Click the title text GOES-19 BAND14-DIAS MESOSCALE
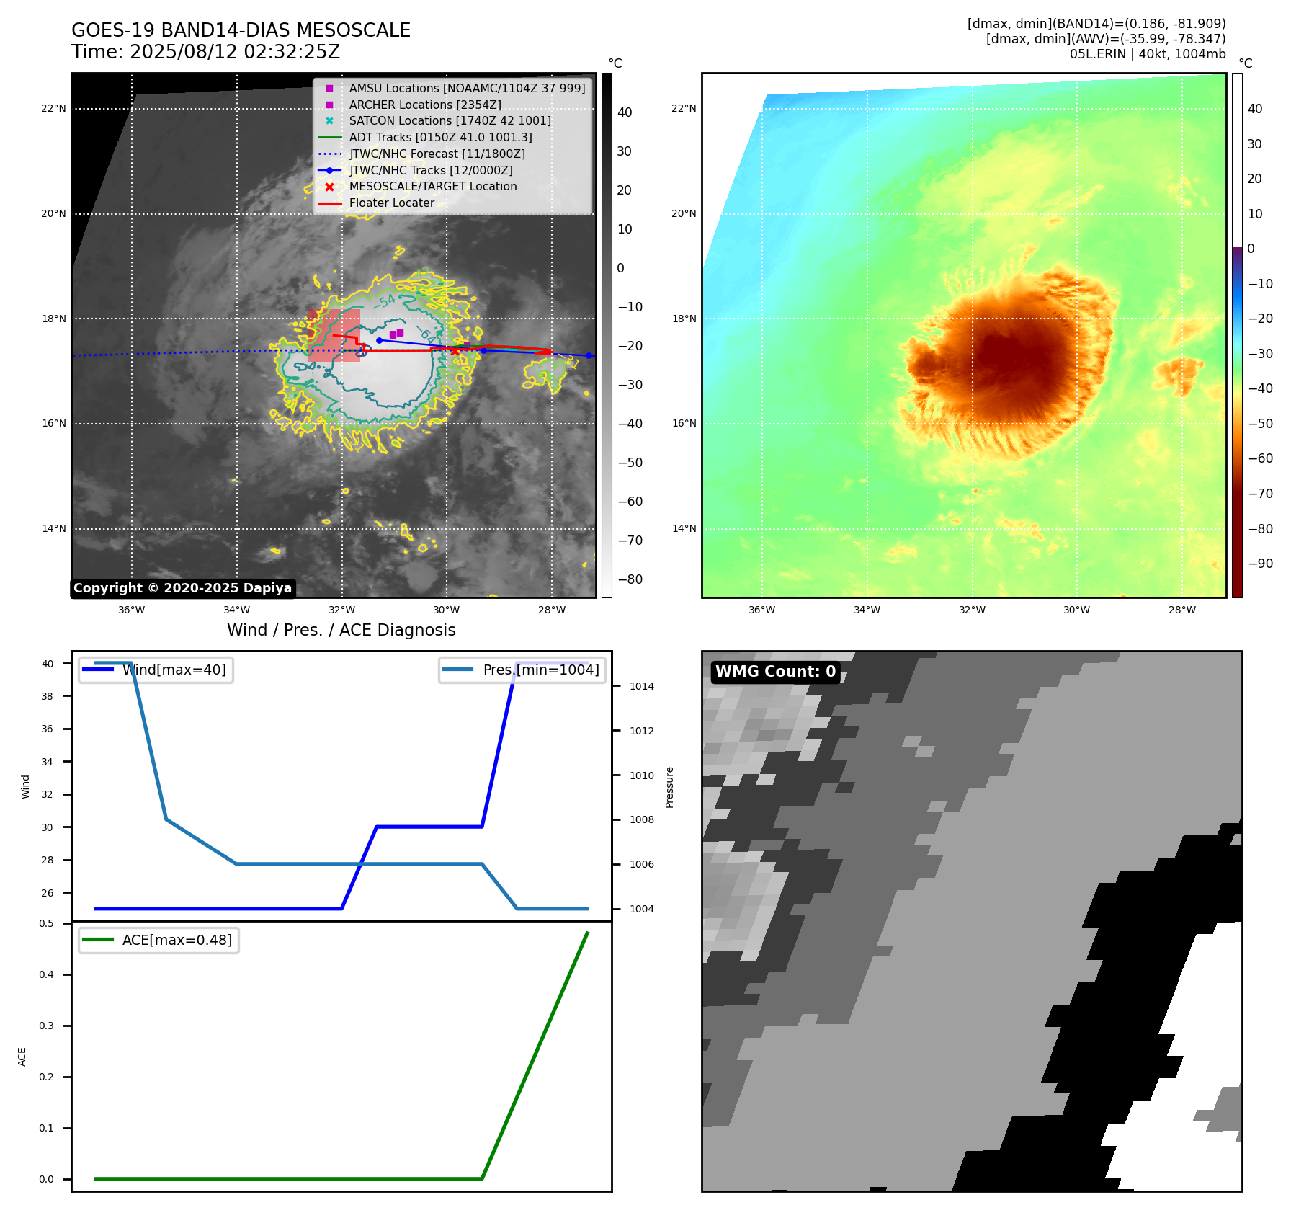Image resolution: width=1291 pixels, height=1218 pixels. pos(241,30)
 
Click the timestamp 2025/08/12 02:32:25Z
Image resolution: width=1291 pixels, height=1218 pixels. pos(234,52)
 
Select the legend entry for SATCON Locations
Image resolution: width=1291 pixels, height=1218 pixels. pos(450,121)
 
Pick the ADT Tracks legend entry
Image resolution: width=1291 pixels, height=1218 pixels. pos(440,137)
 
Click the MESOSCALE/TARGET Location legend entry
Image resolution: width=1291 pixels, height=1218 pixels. pos(432,187)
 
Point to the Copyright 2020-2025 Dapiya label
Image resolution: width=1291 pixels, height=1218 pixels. pos(182,588)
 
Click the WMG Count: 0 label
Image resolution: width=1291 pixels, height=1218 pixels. pos(775,672)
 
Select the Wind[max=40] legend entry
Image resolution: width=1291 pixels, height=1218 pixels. pos(174,670)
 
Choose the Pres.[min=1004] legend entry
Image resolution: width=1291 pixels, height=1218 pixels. pos(540,670)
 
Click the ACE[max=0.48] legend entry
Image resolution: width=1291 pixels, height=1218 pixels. pos(177,941)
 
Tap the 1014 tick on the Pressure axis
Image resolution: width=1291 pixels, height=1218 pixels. pos(641,687)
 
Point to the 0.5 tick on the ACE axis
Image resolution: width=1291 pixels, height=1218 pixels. pos(46,924)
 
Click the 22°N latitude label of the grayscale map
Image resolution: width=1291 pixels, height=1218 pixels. pos(53,109)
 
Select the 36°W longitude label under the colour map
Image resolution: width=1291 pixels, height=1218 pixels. pos(761,610)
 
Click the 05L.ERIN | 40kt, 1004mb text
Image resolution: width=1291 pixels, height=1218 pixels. pos(1147,54)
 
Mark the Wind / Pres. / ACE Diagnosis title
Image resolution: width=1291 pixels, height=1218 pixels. pos(341,631)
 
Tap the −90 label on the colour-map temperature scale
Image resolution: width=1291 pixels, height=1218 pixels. pos(1260,564)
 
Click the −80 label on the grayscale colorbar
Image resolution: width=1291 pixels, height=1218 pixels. pos(630,579)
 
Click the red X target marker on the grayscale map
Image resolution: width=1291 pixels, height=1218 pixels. pos(455,351)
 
